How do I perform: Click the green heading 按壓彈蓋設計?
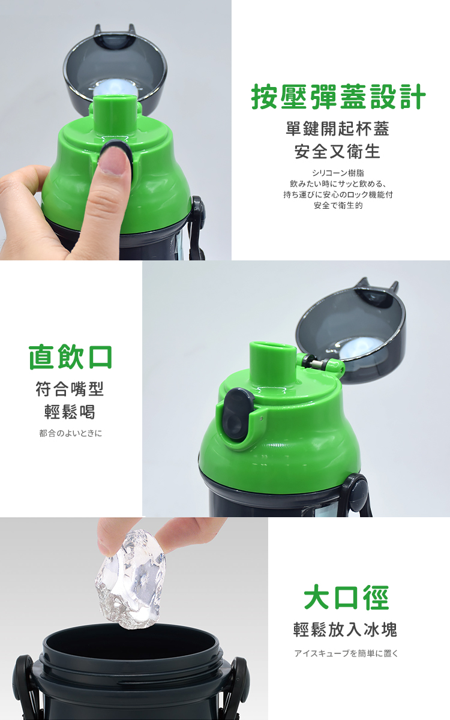click(x=338, y=97)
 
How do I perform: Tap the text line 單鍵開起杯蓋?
click(x=337, y=129)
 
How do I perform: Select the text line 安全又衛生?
click(x=337, y=152)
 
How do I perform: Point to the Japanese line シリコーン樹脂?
click(x=338, y=173)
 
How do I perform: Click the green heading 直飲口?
click(x=70, y=357)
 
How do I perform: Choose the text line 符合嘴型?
click(x=70, y=389)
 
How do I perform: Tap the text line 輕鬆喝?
click(x=70, y=412)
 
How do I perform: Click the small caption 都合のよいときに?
click(x=70, y=433)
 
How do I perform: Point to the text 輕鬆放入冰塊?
click(x=345, y=629)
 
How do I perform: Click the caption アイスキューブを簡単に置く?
click(x=346, y=653)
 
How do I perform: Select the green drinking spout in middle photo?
click(x=272, y=365)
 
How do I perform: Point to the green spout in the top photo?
click(x=113, y=118)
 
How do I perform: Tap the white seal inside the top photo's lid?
click(x=115, y=88)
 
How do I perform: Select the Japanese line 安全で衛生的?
click(x=338, y=205)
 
